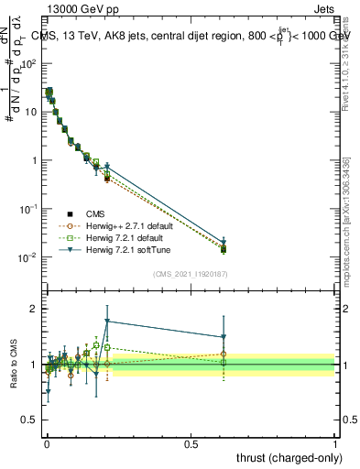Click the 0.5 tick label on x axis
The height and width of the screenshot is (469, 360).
tap(191, 443)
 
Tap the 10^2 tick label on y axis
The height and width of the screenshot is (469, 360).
tap(28, 64)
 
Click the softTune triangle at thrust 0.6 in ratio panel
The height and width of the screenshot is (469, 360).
tap(224, 336)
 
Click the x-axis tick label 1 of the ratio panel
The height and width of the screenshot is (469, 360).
tap(335, 443)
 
